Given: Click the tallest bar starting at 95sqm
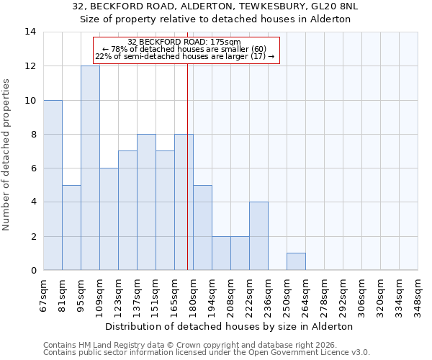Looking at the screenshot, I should (90, 168).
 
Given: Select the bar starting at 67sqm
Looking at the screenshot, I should (53, 185).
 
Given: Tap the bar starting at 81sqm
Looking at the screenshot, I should (71, 228).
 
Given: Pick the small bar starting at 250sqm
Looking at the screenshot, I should (296, 262).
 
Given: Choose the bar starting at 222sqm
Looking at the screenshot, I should (258, 236).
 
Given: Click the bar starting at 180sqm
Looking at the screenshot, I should (202, 228).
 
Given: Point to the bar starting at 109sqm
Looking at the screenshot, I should (109, 219).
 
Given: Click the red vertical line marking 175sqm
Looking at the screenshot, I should (187, 173).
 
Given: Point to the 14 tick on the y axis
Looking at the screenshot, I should (31, 32).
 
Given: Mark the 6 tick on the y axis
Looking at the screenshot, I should (34, 168).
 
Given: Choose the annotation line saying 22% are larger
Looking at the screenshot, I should (185, 56).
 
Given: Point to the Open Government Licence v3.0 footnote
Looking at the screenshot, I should (302, 353).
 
